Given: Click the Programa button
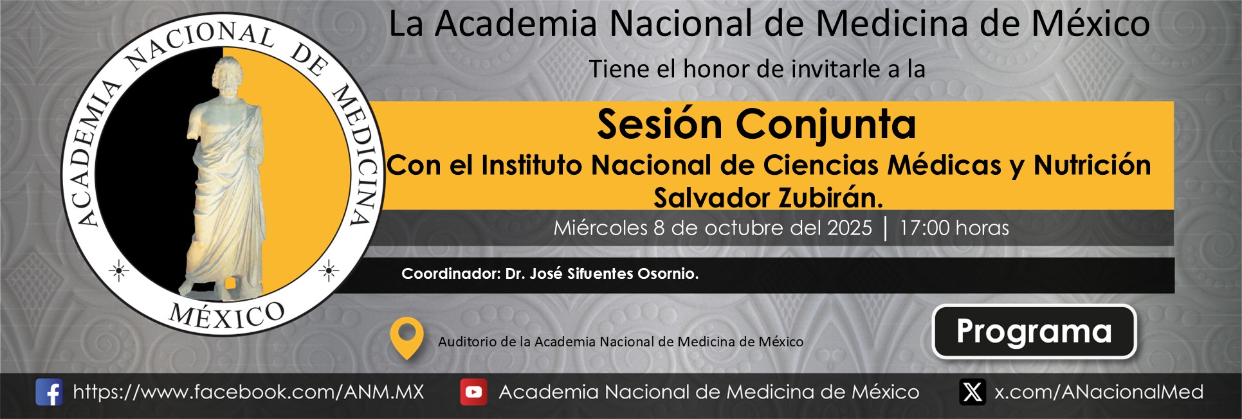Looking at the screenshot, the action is coord(1034,332).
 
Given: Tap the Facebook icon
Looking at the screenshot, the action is coord(49,392).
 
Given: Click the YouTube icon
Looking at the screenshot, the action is coord(473,392).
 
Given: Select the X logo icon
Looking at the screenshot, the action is coord(973,392).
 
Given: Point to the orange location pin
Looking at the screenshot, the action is coord(406,337).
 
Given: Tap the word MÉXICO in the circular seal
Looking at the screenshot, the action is coord(226,316).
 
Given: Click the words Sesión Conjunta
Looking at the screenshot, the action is coord(756,124).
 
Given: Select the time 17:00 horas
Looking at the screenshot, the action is coord(954,228).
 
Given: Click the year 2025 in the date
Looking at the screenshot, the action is coord(850,228).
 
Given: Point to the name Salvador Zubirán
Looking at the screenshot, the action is coord(769,198).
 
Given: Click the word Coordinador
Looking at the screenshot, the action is coord(451,274).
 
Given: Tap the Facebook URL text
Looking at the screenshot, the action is coord(249,392).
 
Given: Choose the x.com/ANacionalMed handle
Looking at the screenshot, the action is coord(1099,392).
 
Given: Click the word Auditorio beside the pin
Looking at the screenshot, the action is coord(466,342).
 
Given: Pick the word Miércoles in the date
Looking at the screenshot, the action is coord(601,228).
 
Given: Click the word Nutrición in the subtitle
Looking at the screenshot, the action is coord(1092,165).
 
